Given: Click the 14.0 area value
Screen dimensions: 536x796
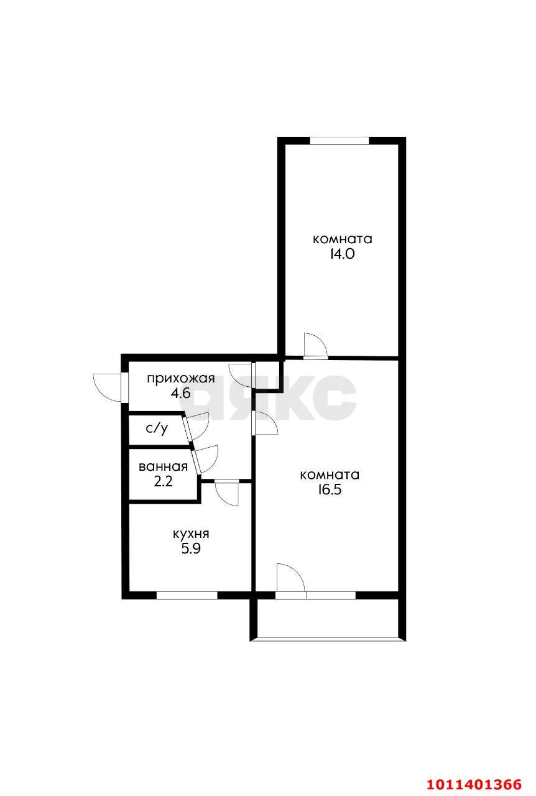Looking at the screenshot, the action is click(x=343, y=254).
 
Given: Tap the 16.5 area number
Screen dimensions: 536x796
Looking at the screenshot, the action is click(x=330, y=489).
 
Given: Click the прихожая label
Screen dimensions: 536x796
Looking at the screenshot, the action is click(x=181, y=379).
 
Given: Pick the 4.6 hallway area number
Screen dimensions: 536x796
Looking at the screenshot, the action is click(x=181, y=394).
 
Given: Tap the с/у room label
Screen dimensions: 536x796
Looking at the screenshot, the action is click(x=157, y=429).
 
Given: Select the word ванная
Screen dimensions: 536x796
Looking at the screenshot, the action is click(x=163, y=466).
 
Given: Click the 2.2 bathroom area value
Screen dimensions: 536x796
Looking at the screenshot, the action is click(x=163, y=481).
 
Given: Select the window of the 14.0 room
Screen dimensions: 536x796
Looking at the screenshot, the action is click(x=340, y=141).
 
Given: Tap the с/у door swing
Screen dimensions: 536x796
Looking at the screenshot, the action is click(x=198, y=427).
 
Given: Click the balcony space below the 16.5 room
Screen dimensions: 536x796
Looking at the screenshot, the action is click(x=327, y=618).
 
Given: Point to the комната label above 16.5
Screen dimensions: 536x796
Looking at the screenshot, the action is click(x=330, y=475).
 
